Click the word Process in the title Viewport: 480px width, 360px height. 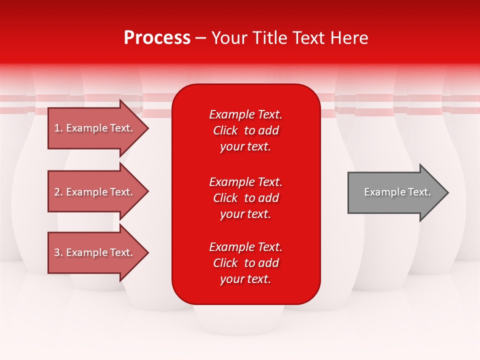(157, 38)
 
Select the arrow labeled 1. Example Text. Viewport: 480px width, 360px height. (95, 128)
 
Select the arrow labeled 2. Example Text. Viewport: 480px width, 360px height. (95, 192)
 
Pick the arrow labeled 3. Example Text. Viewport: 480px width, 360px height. (95, 252)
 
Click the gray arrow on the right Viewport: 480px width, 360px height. (395, 192)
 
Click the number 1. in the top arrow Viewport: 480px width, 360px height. (58, 128)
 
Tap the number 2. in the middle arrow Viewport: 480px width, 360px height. (58, 192)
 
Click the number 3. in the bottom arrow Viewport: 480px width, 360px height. (58, 252)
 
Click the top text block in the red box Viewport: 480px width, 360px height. (245, 130)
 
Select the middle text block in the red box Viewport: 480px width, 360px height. (245, 198)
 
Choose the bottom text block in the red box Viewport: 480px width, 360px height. (245, 263)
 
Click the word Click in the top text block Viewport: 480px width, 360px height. (225, 130)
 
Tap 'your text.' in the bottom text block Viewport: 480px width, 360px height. (245, 279)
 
